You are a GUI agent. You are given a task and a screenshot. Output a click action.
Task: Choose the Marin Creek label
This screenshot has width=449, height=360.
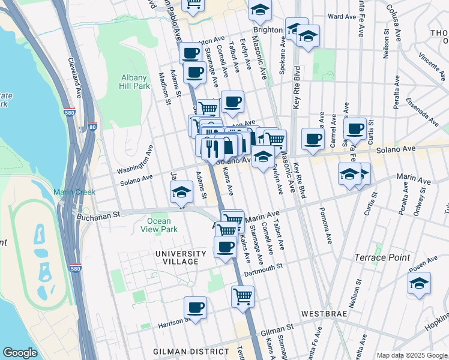coord(71,192)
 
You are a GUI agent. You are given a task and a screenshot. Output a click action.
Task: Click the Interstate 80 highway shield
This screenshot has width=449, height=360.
coord(92,127)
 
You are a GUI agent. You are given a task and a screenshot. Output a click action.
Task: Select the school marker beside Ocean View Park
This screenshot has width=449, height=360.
coord(181,193)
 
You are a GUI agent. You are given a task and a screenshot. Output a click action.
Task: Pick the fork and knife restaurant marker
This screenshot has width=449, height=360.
coord(209,146)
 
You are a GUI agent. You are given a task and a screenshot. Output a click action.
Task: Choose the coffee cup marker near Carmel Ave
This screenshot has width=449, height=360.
coord(313,139)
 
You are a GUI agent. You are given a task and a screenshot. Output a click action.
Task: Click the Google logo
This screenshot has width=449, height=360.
coord(20,353)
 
